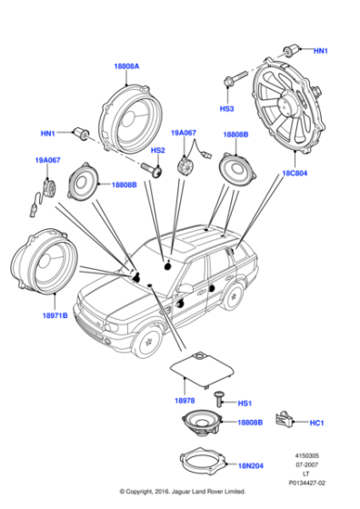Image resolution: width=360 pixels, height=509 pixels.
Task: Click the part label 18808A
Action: point(125,65)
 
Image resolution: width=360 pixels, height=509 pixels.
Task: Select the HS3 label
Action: point(227,107)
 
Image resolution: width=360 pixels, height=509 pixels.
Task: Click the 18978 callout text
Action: point(185,399)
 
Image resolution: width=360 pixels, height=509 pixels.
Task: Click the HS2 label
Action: point(157,150)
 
